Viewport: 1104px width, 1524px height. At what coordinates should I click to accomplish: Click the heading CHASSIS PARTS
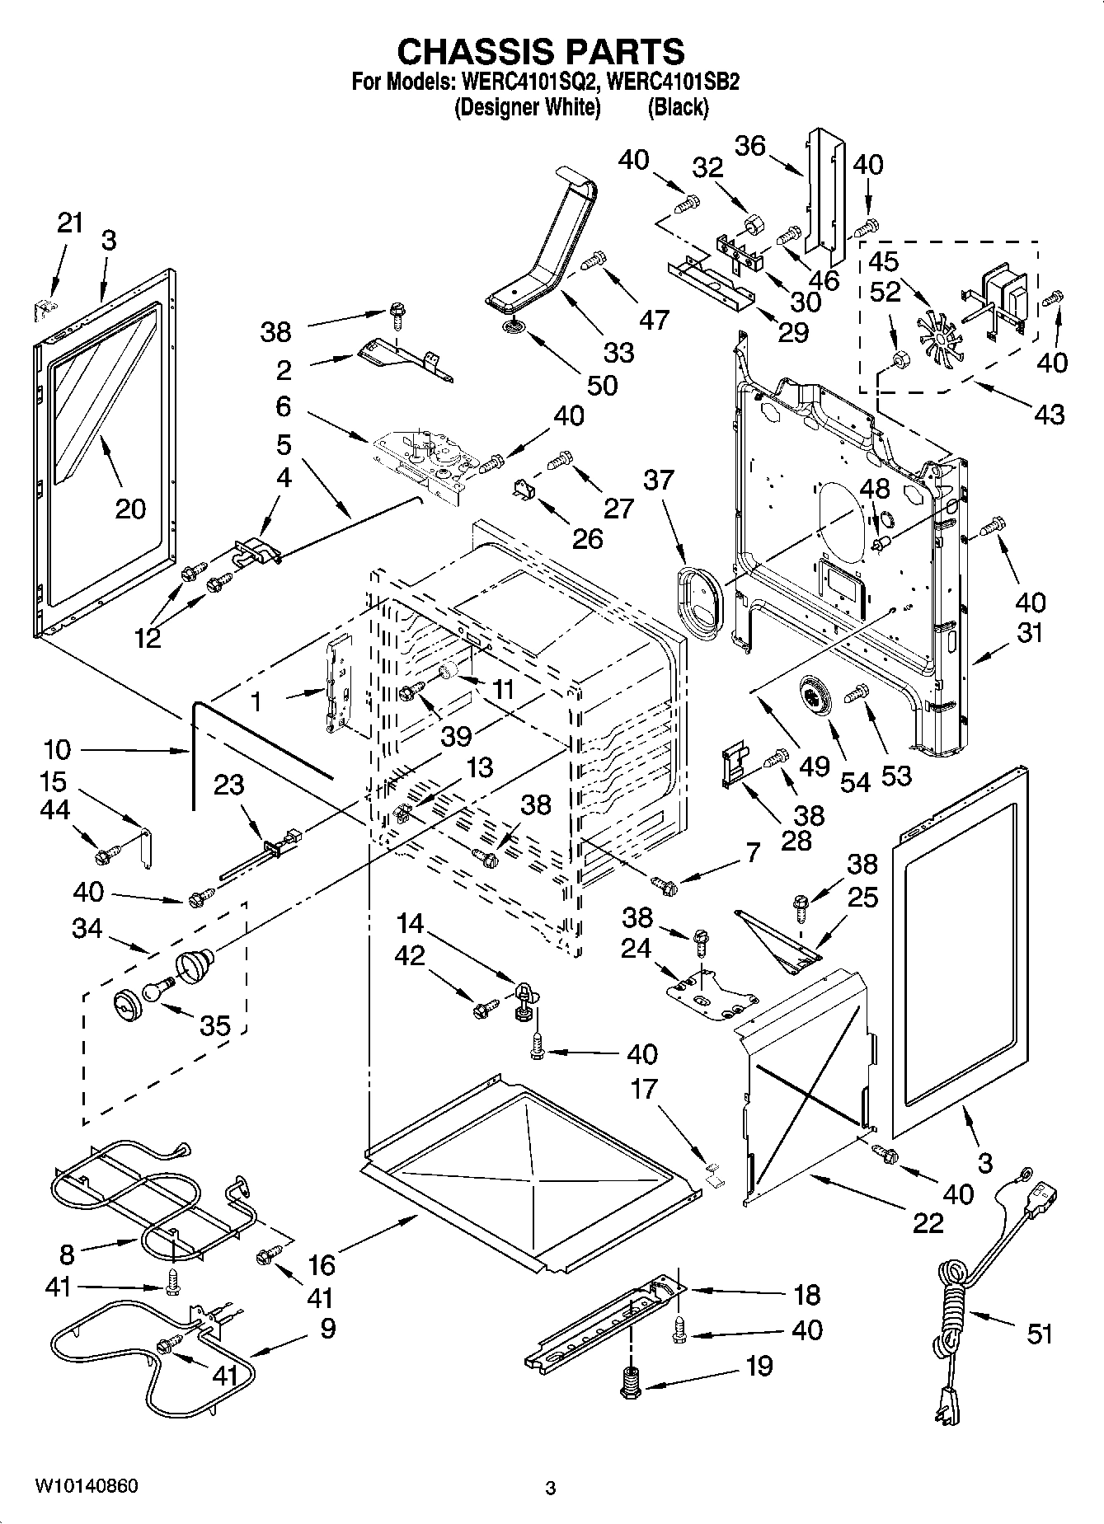(x=541, y=52)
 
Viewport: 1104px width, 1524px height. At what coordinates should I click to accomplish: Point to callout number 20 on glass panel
(x=130, y=509)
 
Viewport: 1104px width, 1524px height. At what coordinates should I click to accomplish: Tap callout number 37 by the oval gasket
(x=658, y=480)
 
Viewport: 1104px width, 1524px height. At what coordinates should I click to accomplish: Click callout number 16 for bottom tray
(x=322, y=1264)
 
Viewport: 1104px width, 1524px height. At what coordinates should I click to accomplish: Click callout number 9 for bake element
(x=327, y=1329)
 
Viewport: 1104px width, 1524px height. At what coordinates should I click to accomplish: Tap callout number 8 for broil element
(x=67, y=1255)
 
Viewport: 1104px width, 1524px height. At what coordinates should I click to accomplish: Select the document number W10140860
(x=87, y=1486)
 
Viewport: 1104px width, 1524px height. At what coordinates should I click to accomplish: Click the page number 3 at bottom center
(x=551, y=1489)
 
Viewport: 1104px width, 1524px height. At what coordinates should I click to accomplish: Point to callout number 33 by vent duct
(x=618, y=352)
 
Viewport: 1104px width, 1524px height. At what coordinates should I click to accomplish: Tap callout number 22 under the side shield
(x=928, y=1223)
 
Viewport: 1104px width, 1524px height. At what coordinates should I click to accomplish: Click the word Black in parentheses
(x=678, y=107)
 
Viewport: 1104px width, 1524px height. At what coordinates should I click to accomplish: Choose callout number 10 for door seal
(x=58, y=750)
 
